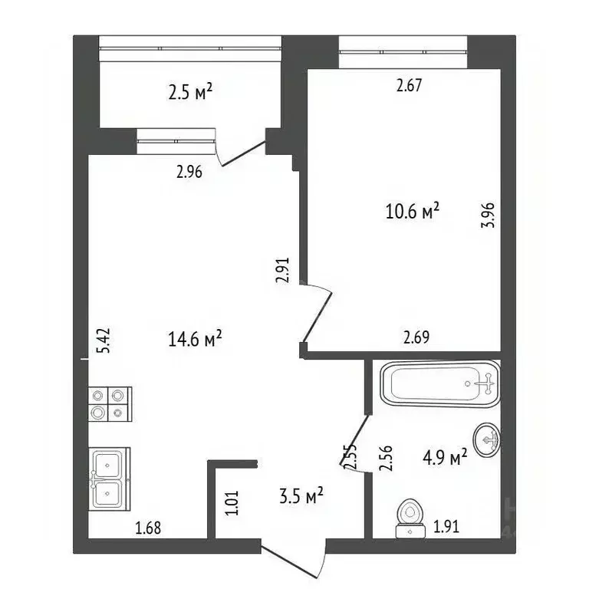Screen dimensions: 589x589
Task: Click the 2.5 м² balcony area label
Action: tap(189, 93)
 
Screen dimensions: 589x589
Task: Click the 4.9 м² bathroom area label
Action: tap(445, 458)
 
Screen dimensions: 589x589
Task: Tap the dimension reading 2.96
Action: tap(189, 173)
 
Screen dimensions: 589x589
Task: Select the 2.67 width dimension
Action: tap(409, 86)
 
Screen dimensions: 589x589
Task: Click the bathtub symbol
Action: tap(440, 383)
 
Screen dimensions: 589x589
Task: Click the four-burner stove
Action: tap(108, 404)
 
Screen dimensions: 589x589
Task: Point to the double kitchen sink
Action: tap(109, 478)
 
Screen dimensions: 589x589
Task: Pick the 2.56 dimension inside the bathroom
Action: tap(387, 459)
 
